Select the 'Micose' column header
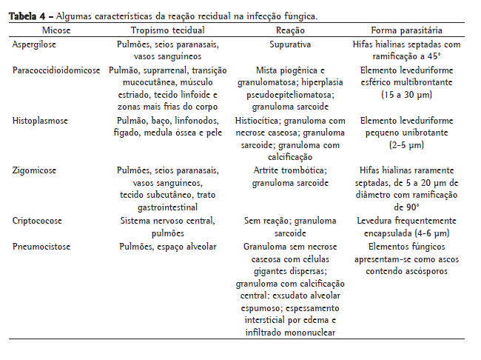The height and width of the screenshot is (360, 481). (x=58, y=30)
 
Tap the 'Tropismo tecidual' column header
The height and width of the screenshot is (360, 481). (x=167, y=30)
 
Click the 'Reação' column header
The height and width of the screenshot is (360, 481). (x=291, y=30)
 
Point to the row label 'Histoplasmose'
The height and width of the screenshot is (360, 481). (x=38, y=119)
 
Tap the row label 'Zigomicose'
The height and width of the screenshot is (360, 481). (x=33, y=170)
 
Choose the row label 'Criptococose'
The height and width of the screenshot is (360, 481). (x=36, y=220)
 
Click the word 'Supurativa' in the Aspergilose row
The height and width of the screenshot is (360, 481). (x=291, y=44)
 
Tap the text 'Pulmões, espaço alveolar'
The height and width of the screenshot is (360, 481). (x=167, y=245)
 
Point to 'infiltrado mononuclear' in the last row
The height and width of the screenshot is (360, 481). (x=291, y=333)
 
